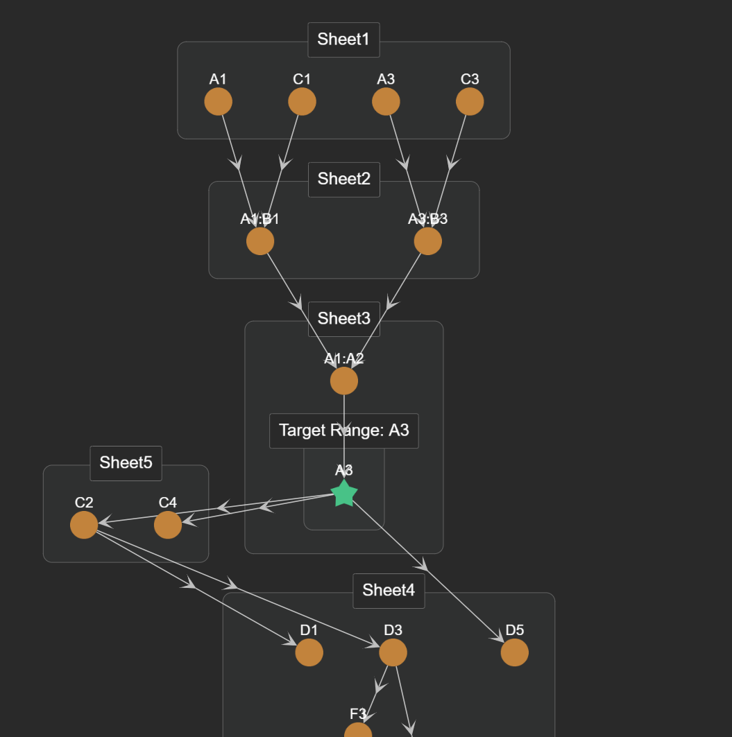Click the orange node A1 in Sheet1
[218, 102]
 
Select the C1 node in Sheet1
[302, 102]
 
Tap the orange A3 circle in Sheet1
[386, 102]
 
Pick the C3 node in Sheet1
[470, 102]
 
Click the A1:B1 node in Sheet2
[260, 241]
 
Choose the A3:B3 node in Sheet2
[427, 241]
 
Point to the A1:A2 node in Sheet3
[344, 381]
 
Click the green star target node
[344, 494]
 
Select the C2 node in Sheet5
[84, 525]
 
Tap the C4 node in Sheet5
[168, 525]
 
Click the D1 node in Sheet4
[309, 652]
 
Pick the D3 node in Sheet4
[393, 652]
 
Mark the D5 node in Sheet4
[515, 652]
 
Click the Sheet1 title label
[343, 40]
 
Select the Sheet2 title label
[343, 179]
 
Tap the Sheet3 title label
[343, 319]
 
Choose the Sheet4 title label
[389, 591]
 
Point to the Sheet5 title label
[126, 463]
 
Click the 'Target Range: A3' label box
[343, 431]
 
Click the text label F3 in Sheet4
[358, 714]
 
